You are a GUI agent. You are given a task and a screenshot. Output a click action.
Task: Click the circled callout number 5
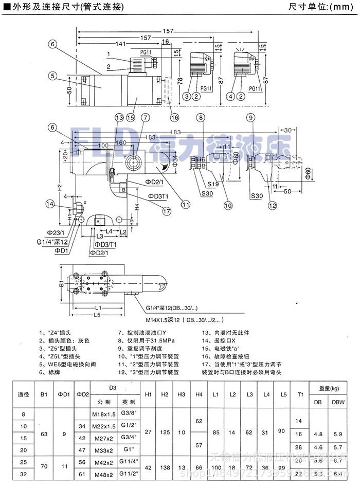(x=52, y=76)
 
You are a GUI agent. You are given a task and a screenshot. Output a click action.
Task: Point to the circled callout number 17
(x=166, y=210)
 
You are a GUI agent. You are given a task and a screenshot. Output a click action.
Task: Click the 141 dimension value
(x=122, y=44)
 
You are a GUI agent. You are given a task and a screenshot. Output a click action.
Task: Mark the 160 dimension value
(x=122, y=143)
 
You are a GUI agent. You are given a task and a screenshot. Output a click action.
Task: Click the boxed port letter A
(x=97, y=221)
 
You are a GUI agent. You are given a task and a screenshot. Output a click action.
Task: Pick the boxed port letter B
(x=123, y=190)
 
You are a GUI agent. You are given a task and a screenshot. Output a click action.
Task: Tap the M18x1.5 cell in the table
(x=104, y=414)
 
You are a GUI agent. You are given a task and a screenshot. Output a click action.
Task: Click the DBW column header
(x=337, y=402)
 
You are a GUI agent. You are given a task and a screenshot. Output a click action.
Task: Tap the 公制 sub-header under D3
(x=104, y=402)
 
